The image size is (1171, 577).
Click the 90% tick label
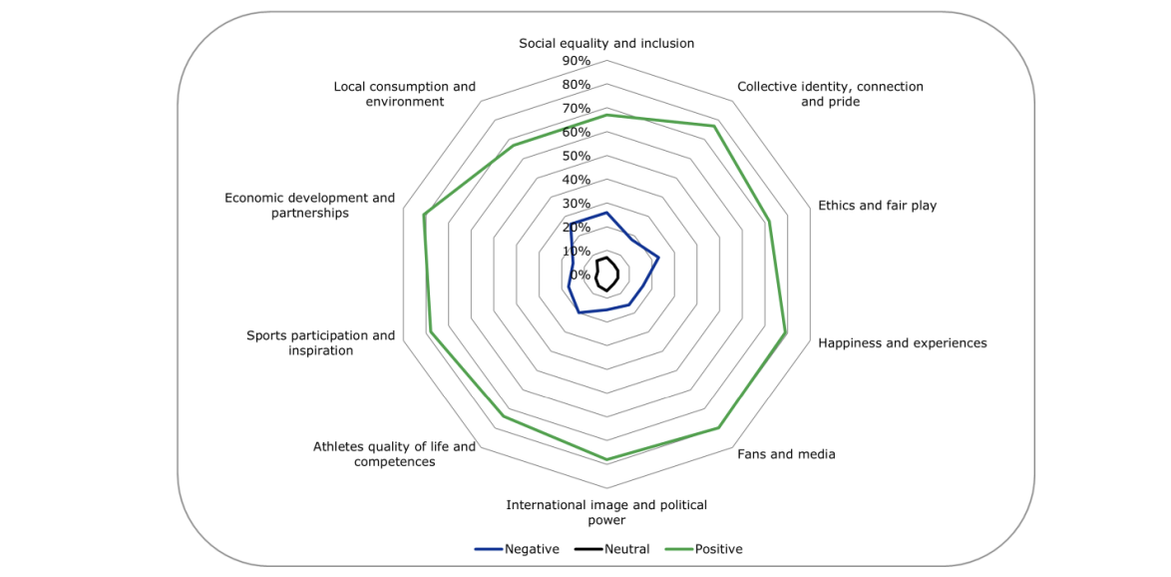(576, 61)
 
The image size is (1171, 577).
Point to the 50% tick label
(576, 157)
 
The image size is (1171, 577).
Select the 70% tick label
(576, 109)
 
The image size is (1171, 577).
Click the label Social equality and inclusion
(606, 43)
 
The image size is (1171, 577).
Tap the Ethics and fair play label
(877, 206)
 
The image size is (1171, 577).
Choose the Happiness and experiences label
(902, 343)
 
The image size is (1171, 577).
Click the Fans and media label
(786, 454)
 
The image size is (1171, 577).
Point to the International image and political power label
(606, 512)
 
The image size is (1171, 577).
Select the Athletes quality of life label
(394, 454)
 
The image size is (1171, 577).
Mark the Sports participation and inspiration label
(320, 343)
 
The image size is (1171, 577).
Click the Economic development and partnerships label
(309, 206)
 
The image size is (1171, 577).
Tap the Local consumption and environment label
(404, 94)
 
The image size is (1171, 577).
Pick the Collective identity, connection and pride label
(830, 94)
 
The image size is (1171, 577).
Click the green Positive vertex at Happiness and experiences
(786, 333)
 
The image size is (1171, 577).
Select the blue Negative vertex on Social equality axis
(606, 213)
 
